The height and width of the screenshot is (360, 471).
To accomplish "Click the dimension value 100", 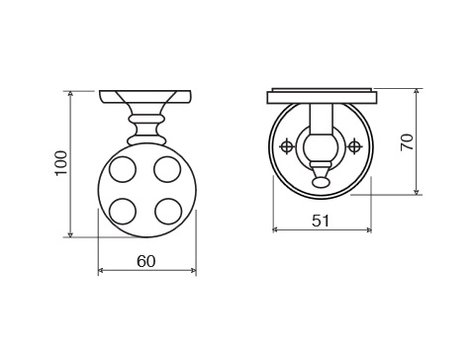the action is (61, 163).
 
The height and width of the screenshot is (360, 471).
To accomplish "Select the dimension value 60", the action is (145, 261).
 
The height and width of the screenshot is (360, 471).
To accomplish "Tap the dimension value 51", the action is (321, 221).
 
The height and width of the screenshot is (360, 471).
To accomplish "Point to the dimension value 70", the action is (407, 142).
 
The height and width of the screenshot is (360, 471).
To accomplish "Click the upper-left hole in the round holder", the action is (123, 169).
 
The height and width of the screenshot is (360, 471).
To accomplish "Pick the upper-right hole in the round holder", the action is (167, 169).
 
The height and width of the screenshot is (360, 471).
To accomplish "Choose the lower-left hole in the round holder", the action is (123, 212).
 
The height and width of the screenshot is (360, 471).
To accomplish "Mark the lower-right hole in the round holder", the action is (168, 211).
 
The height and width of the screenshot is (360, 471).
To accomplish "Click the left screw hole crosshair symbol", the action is (287, 146).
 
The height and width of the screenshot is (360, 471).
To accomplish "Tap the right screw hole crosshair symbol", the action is (354, 146).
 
